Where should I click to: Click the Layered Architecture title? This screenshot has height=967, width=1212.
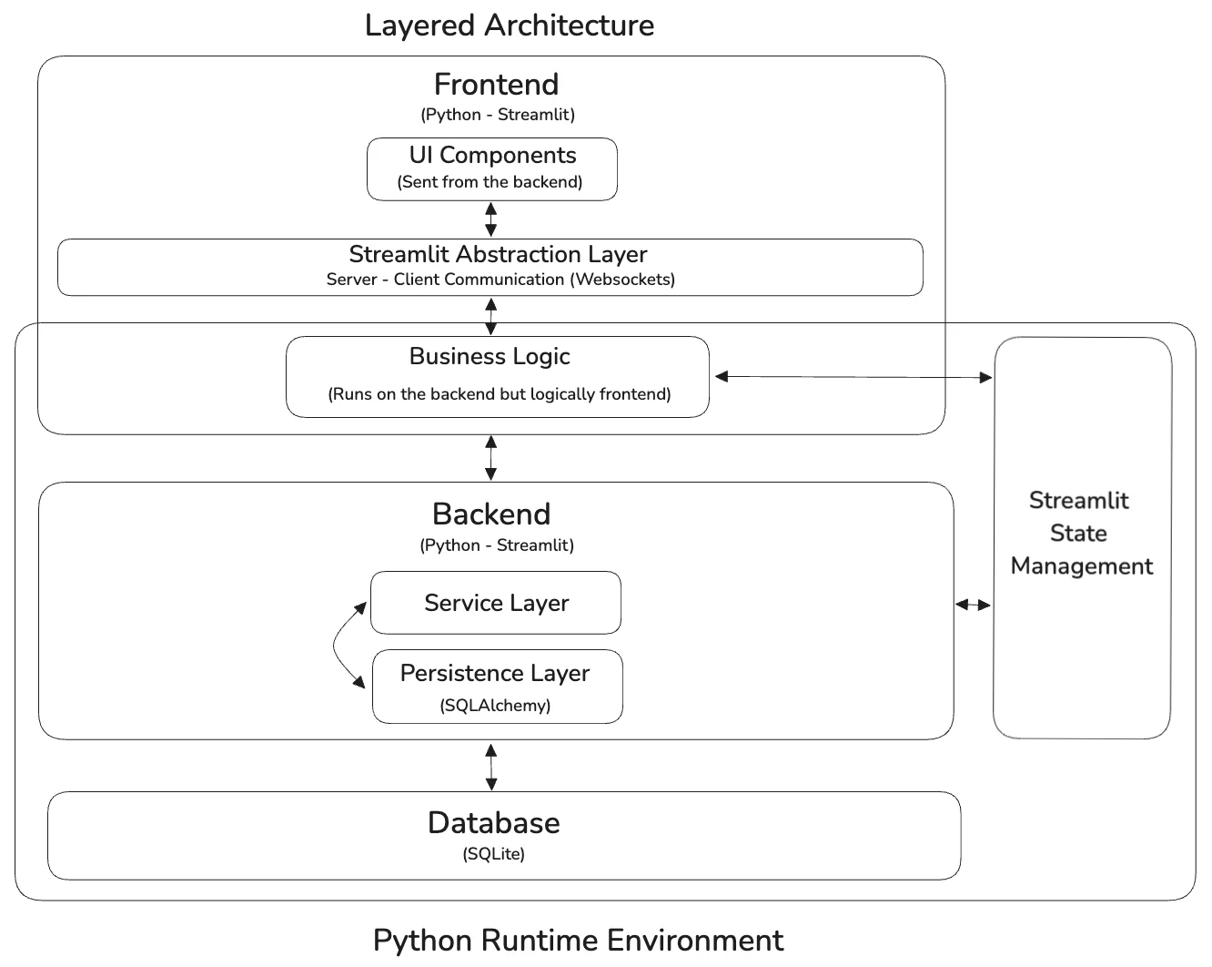pos(509,25)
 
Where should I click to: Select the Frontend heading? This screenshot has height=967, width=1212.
pos(496,85)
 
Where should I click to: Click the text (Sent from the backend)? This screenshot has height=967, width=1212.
pos(490,182)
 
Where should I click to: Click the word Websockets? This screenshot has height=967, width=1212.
pos(622,280)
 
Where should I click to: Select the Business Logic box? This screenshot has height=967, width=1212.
pos(497,376)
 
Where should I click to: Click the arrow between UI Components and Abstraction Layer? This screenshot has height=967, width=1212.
pos(491,219)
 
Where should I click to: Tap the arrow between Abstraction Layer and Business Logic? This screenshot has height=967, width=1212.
pos(491,316)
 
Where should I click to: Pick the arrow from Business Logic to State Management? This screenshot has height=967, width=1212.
pos(853,376)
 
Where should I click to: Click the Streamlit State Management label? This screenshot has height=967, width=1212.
pos(1081,534)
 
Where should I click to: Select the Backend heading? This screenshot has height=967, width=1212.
pos(491,514)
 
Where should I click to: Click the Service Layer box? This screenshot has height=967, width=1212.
pos(496,603)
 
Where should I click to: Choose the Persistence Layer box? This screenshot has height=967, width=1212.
pos(496,674)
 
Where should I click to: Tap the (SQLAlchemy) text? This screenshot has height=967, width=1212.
pos(496,706)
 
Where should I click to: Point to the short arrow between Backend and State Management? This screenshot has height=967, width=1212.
pos(973,605)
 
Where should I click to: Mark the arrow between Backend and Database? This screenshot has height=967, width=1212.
pos(491,766)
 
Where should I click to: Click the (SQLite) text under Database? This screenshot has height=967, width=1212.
pos(494,854)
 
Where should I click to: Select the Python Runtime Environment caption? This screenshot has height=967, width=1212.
pos(578,940)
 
